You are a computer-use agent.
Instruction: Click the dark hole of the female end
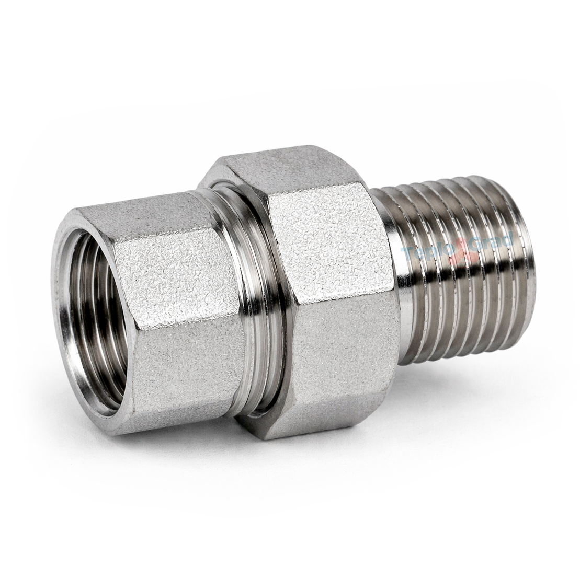click(92, 319)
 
